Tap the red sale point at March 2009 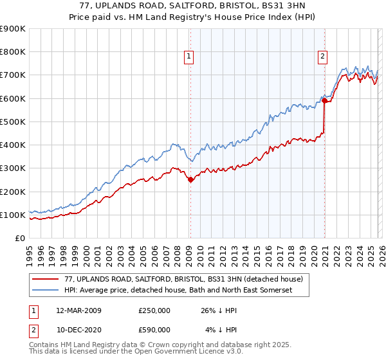[x=190, y=180]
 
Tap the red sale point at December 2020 [x=325, y=100]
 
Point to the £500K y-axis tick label [x=13, y=122]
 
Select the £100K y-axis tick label [x=13, y=215]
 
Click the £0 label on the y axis [x=20, y=238]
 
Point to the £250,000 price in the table [x=154, y=310]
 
